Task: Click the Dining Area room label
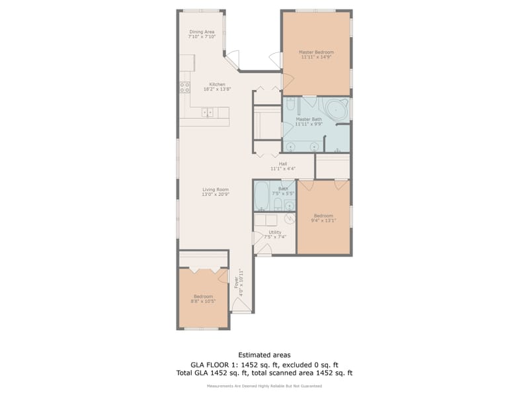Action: coord(202,32)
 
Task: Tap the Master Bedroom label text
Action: coord(316,52)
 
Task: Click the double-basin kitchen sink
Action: coord(208,112)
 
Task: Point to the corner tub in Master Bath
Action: coord(337,109)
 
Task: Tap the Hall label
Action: coord(282,163)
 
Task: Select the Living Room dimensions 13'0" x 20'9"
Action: coord(216,195)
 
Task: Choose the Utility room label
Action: coord(274,232)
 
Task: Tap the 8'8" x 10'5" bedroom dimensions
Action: coord(203,301)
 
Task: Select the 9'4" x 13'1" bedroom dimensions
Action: coord(323,221)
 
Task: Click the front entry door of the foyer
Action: coord(241,305)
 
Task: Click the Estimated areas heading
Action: coord(264,355)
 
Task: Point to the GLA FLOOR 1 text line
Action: coord(264,364)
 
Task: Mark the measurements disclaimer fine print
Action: coord(264,385)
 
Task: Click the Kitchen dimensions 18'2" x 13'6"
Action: coord(218,89)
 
